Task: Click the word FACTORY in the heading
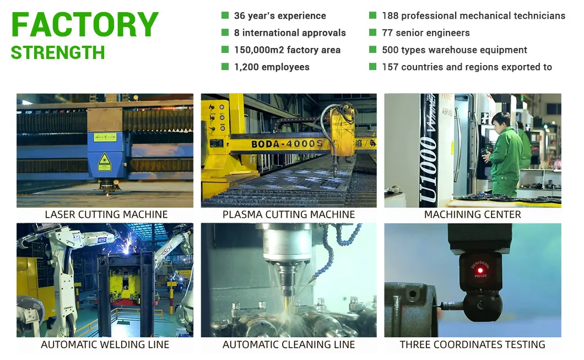(85, 24)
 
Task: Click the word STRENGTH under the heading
(58, 52)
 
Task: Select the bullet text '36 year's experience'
(280, 15)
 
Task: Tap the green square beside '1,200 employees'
(225, 67)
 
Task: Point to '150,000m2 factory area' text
(287, 50)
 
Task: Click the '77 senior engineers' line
(425, 33)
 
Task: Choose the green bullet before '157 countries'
(372, 67)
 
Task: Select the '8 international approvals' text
(290, 33)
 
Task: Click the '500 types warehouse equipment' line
(455, 50)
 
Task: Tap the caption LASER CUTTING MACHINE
(106, 214)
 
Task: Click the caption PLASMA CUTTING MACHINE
(289, 214)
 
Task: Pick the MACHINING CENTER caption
(472, 214)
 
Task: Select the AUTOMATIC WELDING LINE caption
(105, 345)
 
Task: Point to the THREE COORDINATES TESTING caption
(472, 345)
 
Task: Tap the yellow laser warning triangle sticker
(104, 160)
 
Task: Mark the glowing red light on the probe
(480, 270)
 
